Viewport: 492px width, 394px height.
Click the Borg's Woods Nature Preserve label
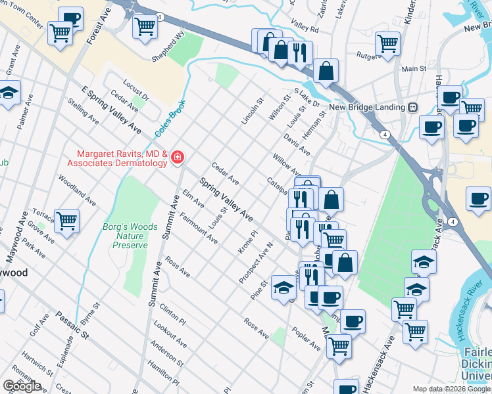130,236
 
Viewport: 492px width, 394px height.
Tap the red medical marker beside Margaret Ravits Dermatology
177,158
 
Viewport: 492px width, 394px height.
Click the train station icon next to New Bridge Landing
413,108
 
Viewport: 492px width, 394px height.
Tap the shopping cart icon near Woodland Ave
67,221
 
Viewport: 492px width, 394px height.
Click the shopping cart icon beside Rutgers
387,43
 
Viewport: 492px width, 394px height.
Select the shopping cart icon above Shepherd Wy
145,26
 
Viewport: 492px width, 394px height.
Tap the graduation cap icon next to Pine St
283,288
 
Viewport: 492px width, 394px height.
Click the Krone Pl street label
247,242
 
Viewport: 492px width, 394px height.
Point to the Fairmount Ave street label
198,229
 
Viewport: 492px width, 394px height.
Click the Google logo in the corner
22,386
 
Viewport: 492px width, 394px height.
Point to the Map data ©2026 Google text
451,389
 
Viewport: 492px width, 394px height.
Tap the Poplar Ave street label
306,338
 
